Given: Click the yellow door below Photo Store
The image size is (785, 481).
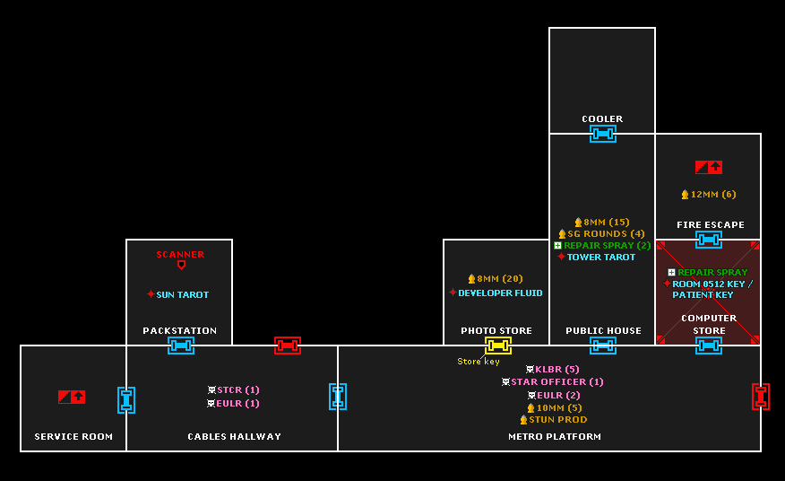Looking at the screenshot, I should [x=498, y=345].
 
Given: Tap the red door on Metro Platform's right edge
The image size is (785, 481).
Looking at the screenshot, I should [x=761, y=397].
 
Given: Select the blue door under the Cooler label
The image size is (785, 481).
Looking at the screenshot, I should [x=602, y=134].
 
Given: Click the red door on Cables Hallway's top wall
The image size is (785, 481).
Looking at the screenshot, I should [x=287, y=345].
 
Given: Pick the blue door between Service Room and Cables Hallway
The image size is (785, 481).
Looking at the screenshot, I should [x=126, y=400].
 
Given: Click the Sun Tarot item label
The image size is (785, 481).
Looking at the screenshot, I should [x=182, y=294].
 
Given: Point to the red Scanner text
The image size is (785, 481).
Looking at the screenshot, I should [x=180, y=255].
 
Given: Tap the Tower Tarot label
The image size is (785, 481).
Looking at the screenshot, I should [x=600, y=258].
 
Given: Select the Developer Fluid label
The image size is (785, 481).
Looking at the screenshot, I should [x=500, y=293].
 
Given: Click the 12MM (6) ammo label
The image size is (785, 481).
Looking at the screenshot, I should [x=712, y=195].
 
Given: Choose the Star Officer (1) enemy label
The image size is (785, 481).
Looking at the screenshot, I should [x=556, y=382].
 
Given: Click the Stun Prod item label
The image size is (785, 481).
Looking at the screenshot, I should [x=557, y=420].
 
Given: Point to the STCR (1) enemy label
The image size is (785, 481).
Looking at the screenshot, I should [x=237, y=390].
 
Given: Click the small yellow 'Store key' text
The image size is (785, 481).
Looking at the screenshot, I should [x=479, y=362].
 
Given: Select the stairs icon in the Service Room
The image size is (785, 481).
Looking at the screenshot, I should [x=72, y=397].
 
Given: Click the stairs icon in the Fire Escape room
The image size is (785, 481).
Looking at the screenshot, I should [x=709, y=167].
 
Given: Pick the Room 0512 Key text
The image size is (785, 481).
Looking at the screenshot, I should [x=711, y=284].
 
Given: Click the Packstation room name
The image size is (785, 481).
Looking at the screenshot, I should [x=179, y=331].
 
